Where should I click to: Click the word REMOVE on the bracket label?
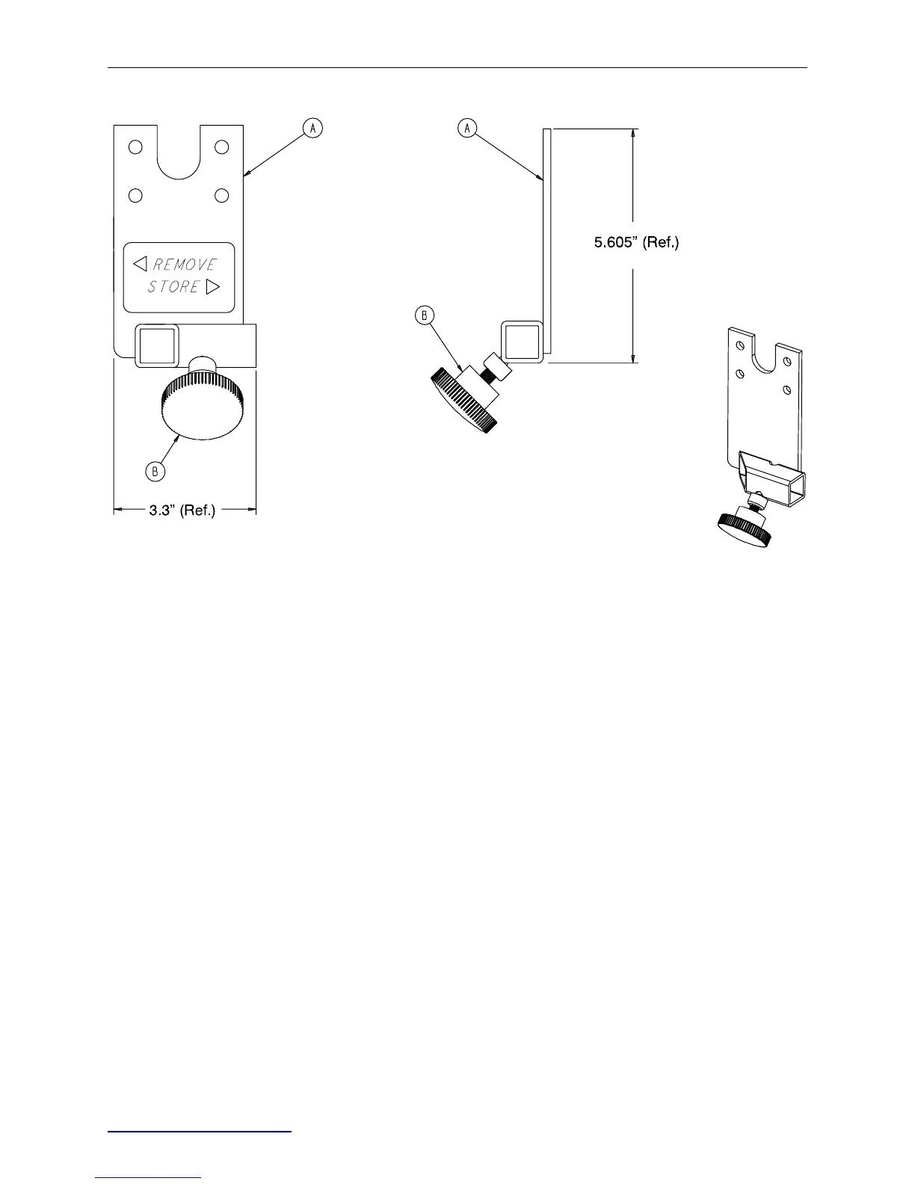tap(185, 265)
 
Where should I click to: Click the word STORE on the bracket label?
tap(173, 287)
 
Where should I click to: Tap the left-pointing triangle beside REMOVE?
tap(140, 264)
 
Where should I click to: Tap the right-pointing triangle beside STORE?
tap(213, 286)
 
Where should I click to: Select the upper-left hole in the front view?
tap(135, 147)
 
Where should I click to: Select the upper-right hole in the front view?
tap(221, 147)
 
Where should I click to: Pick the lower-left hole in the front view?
tap(135, 196)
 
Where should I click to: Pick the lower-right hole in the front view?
tap(221, 196)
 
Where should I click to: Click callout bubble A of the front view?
tap(312, 129)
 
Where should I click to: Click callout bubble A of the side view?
tap(467, 129)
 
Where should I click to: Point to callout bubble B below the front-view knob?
tap(155, 471)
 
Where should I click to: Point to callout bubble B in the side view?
tap(424, 315)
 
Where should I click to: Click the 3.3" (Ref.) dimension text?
tap(182, 511)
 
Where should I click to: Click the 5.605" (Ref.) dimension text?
tap(636, 242)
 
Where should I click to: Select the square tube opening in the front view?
tap(156, 345)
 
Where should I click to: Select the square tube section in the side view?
tap(522, 342)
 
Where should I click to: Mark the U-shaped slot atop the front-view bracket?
tap(179, 153)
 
